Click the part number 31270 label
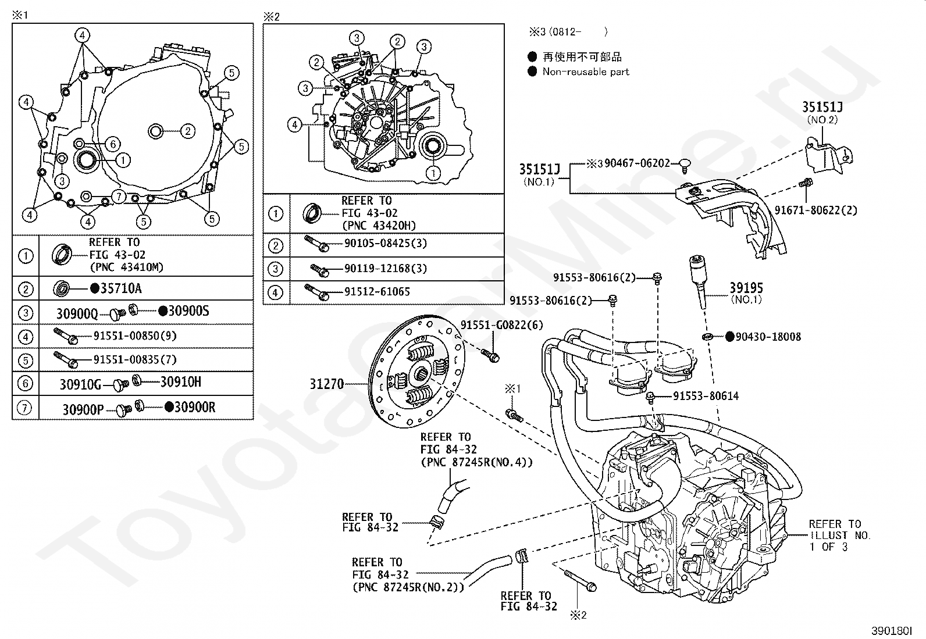pos(326,384)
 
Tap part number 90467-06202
pos(637,164)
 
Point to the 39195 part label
pos(746,288)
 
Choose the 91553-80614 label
pos(706,396)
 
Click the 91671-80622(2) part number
pos(815,210)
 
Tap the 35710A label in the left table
pos(120,288)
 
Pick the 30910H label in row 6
pos(180,382)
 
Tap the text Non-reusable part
pos(586,72)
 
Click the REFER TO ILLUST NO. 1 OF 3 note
pos(839,535)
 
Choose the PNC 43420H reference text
pos(379,226)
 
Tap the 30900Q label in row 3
pos(77,313)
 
